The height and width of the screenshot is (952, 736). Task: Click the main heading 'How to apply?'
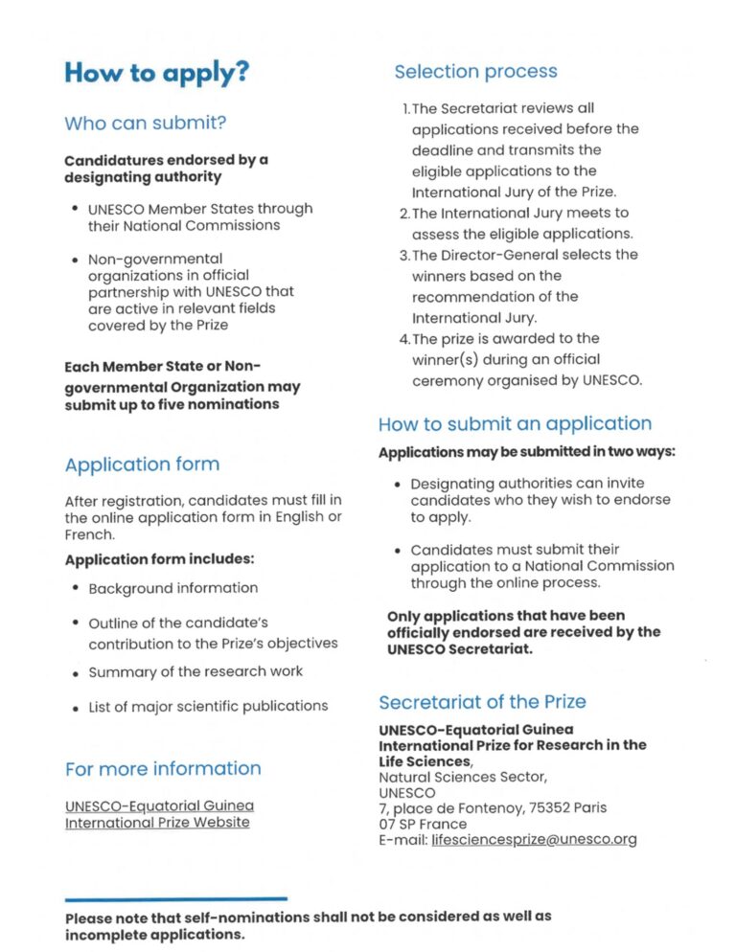[x=156, y=74]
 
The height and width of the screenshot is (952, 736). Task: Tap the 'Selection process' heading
[x=475, y=72]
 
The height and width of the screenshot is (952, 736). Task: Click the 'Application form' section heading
[x=142, y=465]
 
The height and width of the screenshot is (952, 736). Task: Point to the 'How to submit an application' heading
[x=515, y=424]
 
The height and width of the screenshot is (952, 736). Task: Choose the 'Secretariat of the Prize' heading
[x=482, y=702]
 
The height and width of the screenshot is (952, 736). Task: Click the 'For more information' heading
[x=163, y=768]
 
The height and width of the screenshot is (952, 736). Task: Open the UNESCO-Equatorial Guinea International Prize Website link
[x=159, y=814]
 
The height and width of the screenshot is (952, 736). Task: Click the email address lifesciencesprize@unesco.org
[x=534, y=840]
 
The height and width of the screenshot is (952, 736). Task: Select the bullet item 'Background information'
[x=173, y=588]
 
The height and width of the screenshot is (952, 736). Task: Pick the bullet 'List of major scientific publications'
[x=208, y=706]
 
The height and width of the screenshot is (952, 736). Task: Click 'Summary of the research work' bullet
[x=195, y=671]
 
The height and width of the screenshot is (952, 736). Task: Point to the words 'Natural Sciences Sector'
[x=462, y=777]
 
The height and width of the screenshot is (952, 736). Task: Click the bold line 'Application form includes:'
[x=159, y=559]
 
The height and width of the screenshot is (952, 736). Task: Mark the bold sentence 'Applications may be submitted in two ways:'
[x=526, y=452]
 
